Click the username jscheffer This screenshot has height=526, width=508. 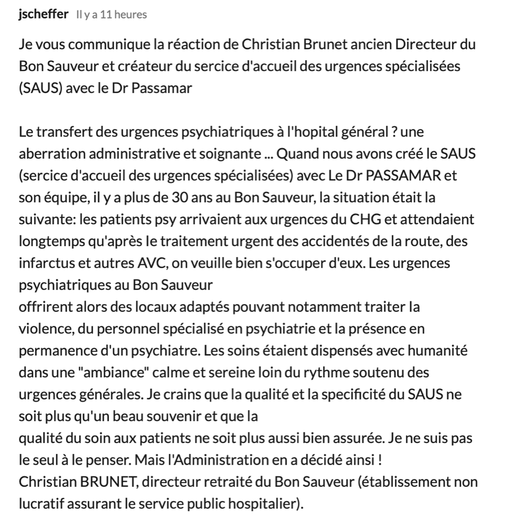tap(43, 15)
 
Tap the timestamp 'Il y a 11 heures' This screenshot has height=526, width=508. tap(112, 15)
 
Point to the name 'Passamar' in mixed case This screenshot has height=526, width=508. tap(168, 88)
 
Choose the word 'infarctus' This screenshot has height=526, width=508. tap(43, 263)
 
